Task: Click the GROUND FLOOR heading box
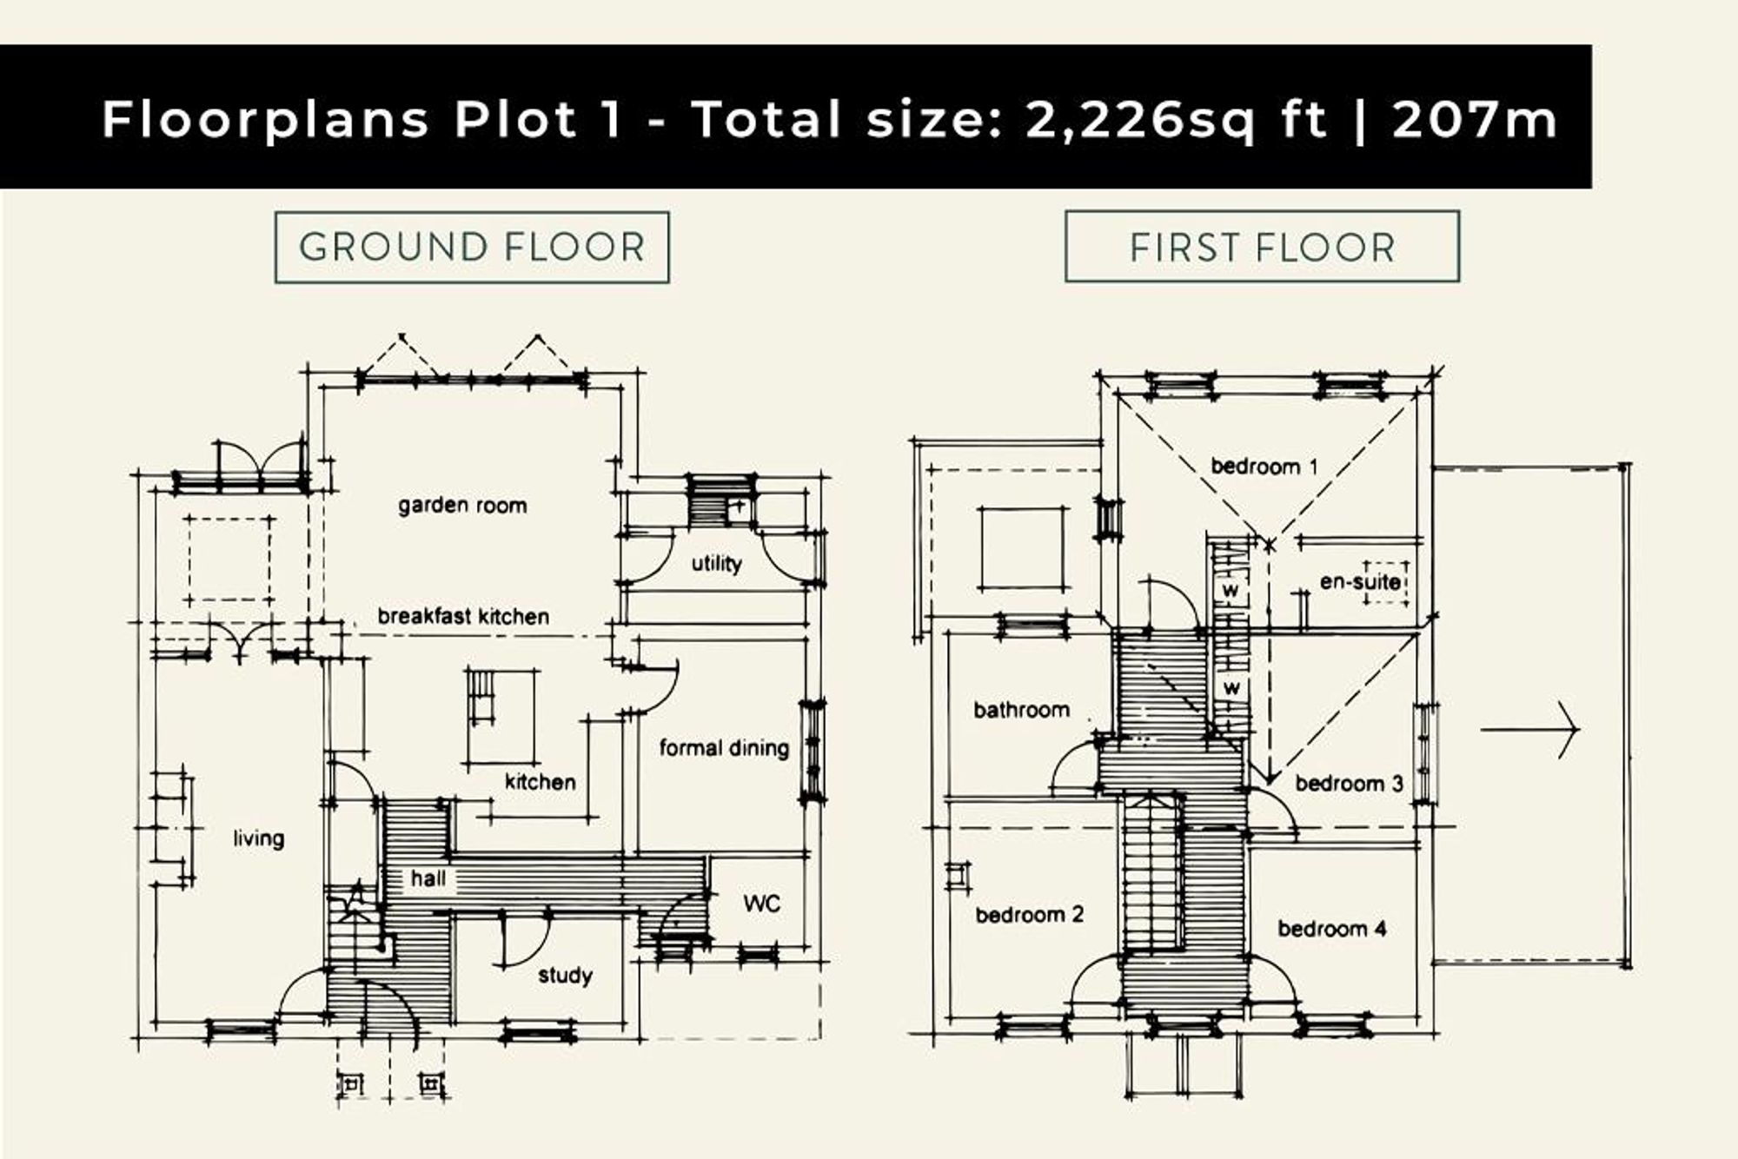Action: tap(472, 248)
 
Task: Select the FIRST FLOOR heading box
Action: tap(1262, 247)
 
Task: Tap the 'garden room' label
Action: tap(462, 505)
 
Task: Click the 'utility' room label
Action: tap(717, 563)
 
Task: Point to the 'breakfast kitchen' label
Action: tap(463, 616)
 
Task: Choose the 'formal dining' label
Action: tap(724, 747)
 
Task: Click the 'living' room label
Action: tap(259, 838)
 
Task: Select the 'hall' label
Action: tap(428, 878)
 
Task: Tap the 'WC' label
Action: tap(761, 904)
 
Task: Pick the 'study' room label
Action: tap(565, 976)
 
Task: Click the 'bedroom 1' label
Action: tap(1264, 467)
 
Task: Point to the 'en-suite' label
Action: tap(1360, 581)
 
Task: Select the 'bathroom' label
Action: tap(1021, 710)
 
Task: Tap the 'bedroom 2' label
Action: tap(1030, 914)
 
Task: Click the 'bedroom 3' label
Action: tap(1350, 783)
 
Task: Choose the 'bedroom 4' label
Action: tap(1332, 928)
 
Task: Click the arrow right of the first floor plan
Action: tap(1529, 730)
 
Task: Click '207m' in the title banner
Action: tap(1476, 119)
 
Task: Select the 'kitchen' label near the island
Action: tap(541, 782)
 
